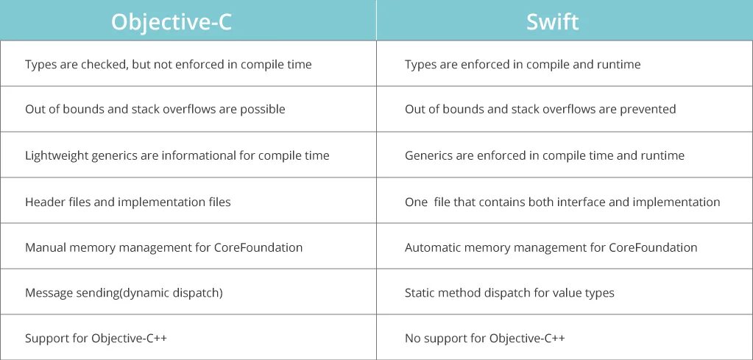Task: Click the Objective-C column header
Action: tap(171, 21)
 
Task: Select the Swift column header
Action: tap(552, 21)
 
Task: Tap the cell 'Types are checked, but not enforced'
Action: tap(168, 65)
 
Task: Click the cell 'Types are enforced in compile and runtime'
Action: tap(522, 65)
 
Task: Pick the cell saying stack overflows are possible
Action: tap(155, 110)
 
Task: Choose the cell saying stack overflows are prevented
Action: tap(540, 110)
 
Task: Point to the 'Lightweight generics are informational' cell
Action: tap(177, 156)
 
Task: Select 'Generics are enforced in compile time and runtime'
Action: tap(544, 156)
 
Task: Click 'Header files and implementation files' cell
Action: tap(127, 202)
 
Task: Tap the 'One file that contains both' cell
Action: tap(562, 202)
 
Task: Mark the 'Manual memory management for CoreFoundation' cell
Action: tap(163, 247)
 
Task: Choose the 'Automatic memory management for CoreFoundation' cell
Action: tap(551, 247)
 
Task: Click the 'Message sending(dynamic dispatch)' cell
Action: tap(124, 293)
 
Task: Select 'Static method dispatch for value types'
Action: tap(509, 293)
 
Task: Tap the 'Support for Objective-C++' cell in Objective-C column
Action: tap(101, 339)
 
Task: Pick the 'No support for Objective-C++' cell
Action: tap(484, 339)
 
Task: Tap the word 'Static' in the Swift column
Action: tap(419, 293)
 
